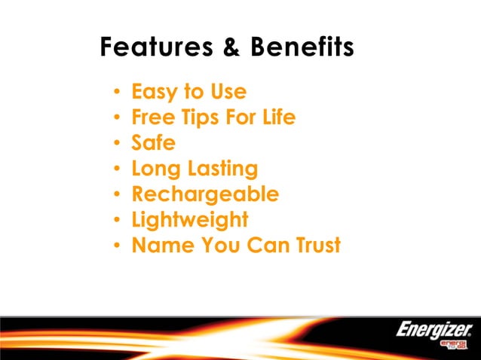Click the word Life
tap(276, 117)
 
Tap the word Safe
tap(153, 143)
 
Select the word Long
tap(155, 169)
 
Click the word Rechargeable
tap(205, 195)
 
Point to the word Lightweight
tap(189, 221)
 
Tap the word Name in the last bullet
tap(160, 246)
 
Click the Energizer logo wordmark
tap(434, 329)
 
